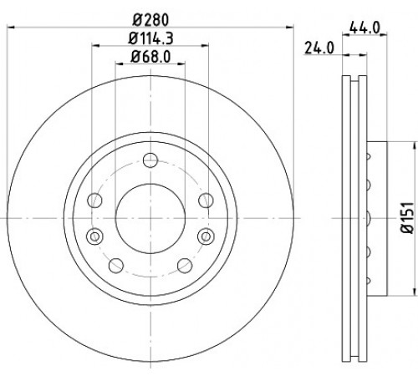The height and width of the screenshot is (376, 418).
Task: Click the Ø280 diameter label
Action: tap(150, 20)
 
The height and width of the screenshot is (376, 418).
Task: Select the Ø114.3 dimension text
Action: tap(150, 38)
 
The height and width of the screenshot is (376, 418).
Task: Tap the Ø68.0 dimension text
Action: tap(150, 57)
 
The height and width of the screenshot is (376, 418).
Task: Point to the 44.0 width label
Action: tap(364, 28)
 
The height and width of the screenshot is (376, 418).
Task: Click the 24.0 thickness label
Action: tap(319, 48)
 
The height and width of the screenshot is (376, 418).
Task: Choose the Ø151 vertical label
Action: tap(407, 218)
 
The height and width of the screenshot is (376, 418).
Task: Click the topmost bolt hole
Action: tap(150, 160)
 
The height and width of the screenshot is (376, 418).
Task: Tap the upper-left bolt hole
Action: tap(94, 201)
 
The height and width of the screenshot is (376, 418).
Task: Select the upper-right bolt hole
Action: tap(206, 201)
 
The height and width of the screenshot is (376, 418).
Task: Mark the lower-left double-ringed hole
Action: tap(94, 236)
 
